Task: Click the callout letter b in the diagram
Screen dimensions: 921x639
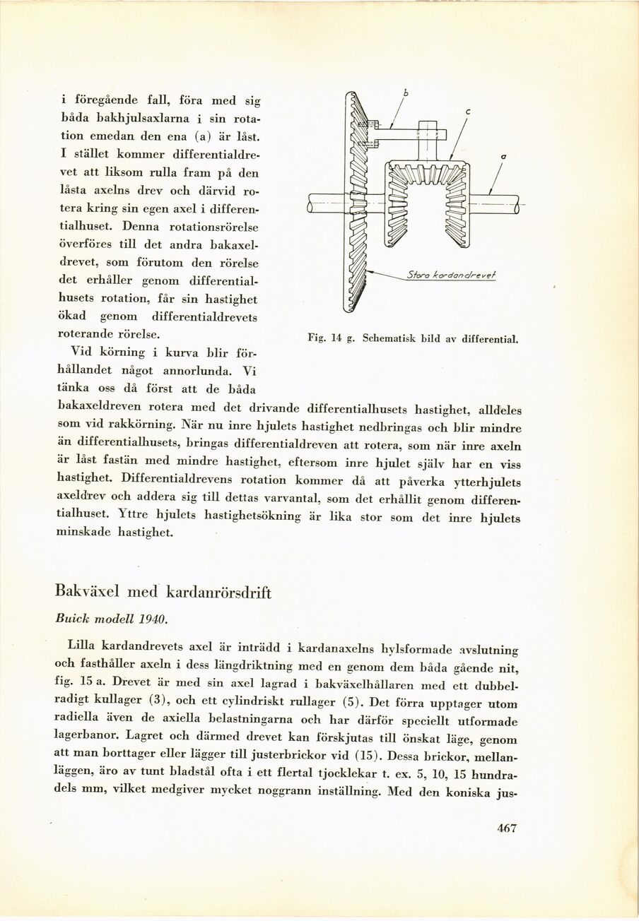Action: point(406,93)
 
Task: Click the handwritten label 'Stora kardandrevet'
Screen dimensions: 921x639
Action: point(451,275)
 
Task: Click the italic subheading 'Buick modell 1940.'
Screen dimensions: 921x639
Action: point(111,618)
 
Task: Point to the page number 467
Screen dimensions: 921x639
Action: point(508,829)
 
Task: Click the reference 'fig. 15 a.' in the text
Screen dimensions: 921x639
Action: point(89,684)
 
